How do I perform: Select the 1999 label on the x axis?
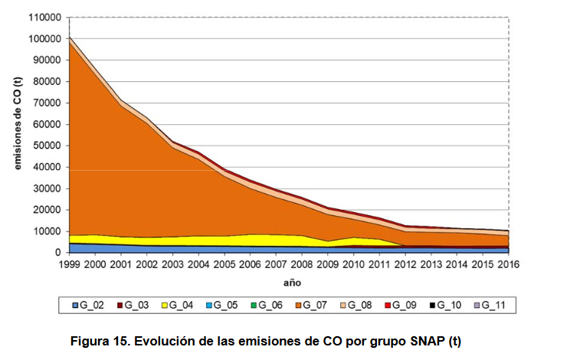(x=69, y=263)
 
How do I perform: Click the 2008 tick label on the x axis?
(x=302, y=263)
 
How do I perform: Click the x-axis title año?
(x=288, y=282)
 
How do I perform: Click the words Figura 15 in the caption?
(x=98, y=340)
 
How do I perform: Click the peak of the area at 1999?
(x=69, y=37)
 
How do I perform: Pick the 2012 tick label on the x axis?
(x=405, y=263)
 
